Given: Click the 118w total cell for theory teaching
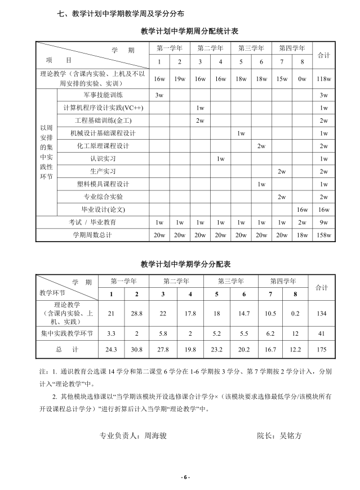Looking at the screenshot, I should [x=323, y=79].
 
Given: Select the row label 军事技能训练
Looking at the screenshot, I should [x=103, y=95].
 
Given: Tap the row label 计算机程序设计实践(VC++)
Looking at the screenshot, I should [x=104, y=108].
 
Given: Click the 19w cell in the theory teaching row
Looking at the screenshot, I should [x=180, y=79].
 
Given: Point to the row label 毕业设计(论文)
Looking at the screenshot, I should [x=103, y=210].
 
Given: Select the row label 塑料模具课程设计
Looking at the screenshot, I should [x=103, y=184].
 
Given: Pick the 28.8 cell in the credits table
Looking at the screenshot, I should [x=136, y=313].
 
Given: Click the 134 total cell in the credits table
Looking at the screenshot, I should [x=321, y=313].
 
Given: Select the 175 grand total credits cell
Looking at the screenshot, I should [x=321, y=350].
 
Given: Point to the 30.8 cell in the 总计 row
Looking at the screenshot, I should [x=136, y=350].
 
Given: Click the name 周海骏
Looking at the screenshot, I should [x=155, y=435].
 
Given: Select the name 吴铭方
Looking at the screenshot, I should [x=291, y=435].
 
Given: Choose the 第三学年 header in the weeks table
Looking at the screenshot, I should [x=251, y=48].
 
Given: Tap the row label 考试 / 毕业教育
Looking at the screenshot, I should [x=92, y=222].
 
